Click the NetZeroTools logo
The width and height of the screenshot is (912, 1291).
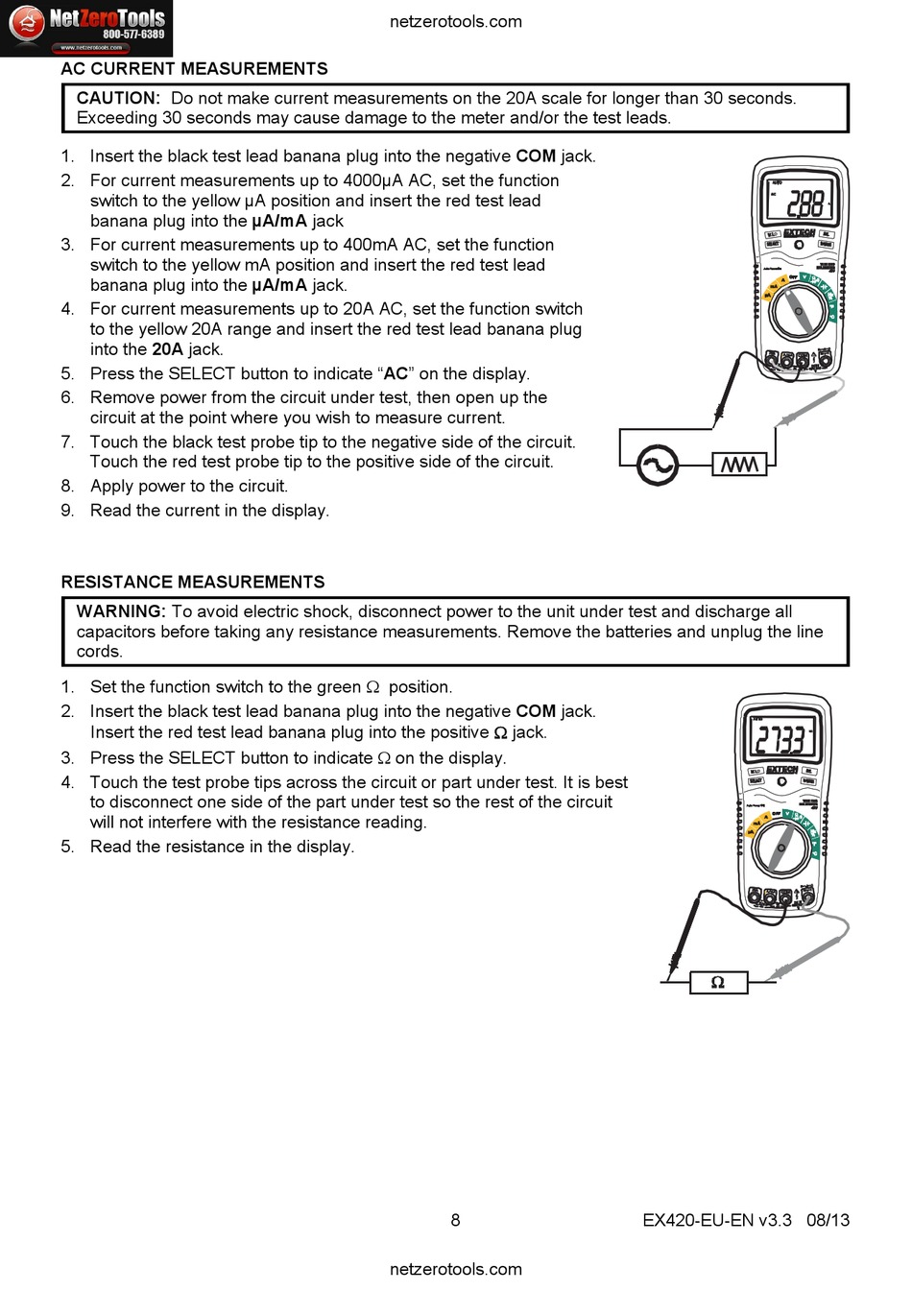86,28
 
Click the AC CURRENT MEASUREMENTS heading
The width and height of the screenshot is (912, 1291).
194,69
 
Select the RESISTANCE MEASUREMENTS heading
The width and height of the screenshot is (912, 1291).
193,582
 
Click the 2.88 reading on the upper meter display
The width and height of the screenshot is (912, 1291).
804,203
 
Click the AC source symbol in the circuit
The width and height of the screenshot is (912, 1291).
658,466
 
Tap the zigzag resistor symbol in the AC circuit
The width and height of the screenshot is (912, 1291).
739,465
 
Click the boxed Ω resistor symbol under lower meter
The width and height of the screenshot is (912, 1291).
717,982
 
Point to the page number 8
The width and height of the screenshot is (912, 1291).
455,1220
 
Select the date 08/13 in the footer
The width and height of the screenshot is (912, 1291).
828,1220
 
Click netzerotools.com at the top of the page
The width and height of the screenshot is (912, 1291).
455,21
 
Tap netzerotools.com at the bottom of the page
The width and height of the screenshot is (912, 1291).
455,1269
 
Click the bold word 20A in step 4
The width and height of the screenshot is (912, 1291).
167,349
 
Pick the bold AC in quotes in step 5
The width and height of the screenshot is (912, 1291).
396,373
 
